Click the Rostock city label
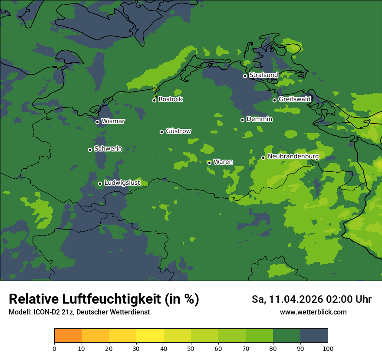pos(171,99)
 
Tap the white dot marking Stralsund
pos(245,76)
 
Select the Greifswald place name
pos(294,99)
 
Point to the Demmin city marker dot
pos(242,120)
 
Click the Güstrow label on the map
pos(178,131)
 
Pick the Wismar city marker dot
pos(97,122)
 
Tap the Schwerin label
pos(108,149)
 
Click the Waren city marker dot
pos(209,163)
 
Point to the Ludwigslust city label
pos(122,183)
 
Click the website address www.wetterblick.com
pos(313,312)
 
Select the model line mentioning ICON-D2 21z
pos(79,312)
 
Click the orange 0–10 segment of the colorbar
pos(68,336)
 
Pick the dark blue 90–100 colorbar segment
pos(314,336)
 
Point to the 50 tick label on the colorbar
pos(191,348)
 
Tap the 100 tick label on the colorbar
pos(328,348)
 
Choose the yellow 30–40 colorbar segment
pos(150,336)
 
